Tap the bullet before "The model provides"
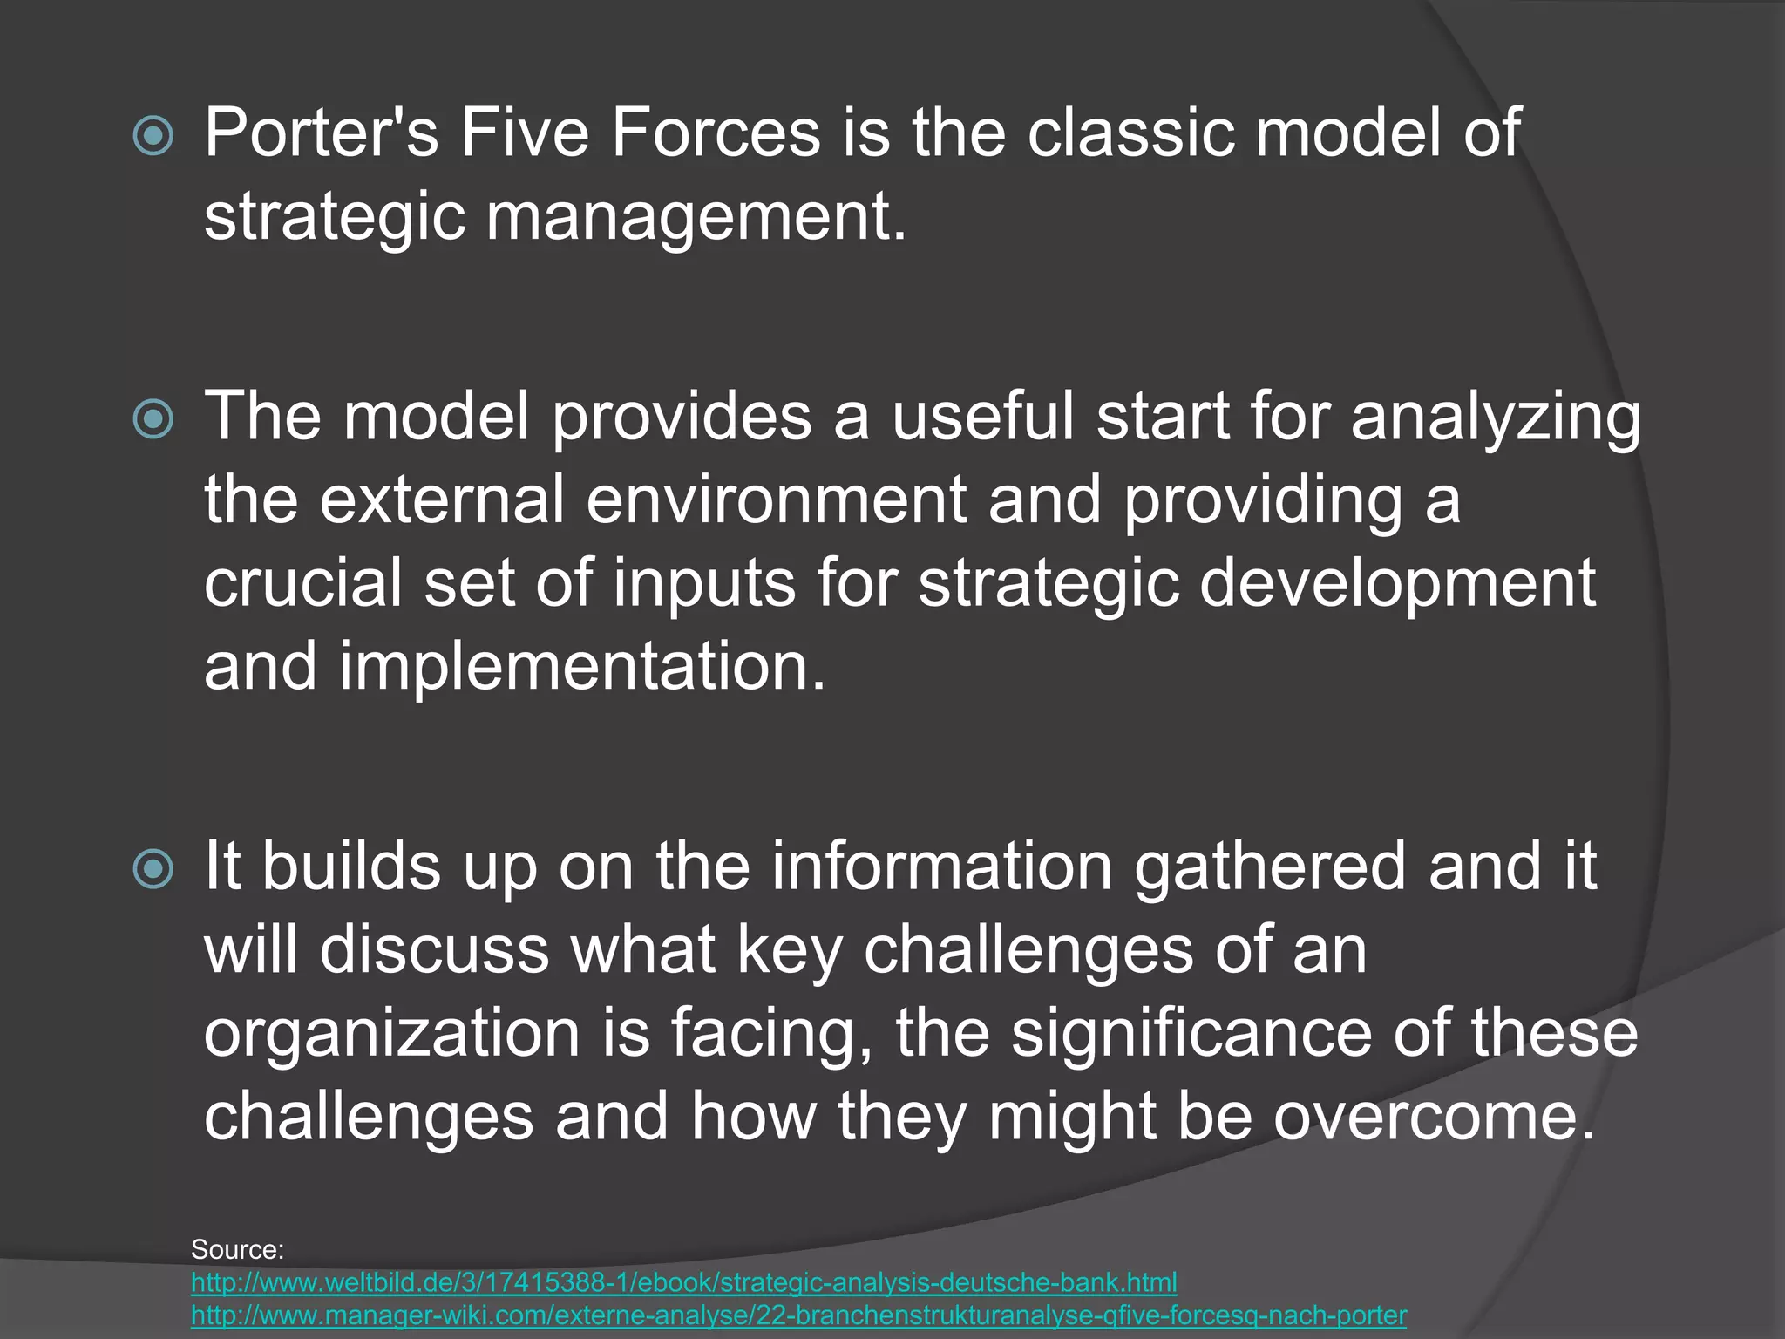point(153,418)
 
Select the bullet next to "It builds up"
point(153,868)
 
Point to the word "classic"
point(1130,133)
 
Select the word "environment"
point(776,500)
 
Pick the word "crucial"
point(303,582)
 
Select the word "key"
point(791,950)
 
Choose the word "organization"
point(392,1034)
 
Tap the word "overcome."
point(1435,1116)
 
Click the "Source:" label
point(238,1249)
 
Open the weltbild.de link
point(683,1282)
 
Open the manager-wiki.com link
point(798,1315)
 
